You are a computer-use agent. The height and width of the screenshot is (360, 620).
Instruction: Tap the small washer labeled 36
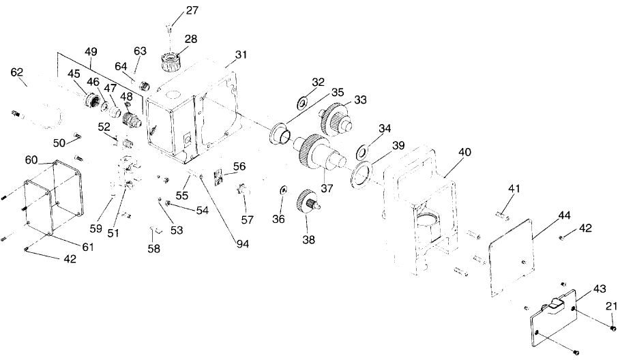pos(282,189)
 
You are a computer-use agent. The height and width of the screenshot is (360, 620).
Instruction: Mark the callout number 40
pos(464,153)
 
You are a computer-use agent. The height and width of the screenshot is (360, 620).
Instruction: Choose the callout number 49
pos(91,50)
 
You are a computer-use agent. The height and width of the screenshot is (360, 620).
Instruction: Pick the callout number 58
pos(154,249)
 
